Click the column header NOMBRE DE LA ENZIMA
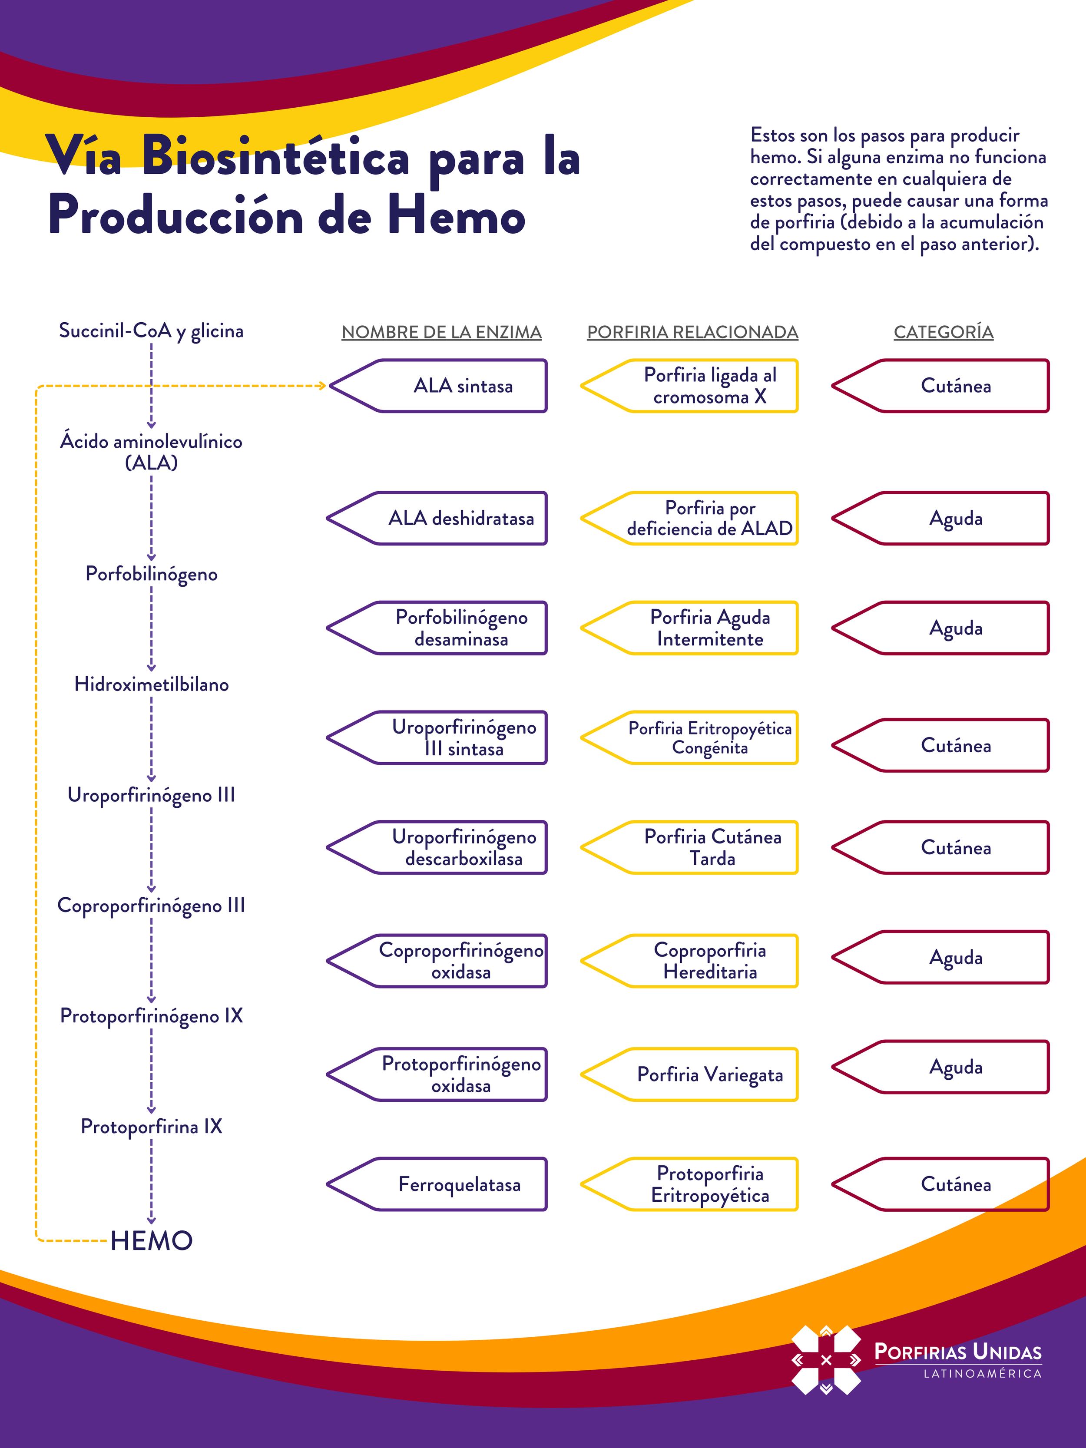tap(441, 332)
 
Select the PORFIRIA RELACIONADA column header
tap(692, 332)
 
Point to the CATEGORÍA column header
tap(943, 332)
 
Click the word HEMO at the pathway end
tap(151, 1240)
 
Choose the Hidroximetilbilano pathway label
tap(151, 684)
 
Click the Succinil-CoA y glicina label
tap(151, 331)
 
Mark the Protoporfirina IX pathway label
tap(151, 1126)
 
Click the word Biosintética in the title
tap(275, 157)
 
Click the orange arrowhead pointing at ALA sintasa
tap(321, 386)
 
